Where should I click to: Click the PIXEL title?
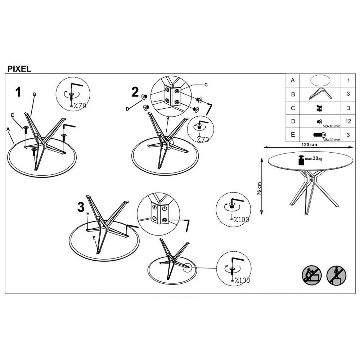pos(19,69)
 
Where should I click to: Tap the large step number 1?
pos(18,92)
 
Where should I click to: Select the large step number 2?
pos(135,92)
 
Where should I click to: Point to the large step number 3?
pos(81,207)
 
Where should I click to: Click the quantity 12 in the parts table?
pos(348,121)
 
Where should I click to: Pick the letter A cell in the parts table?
pos(292,80)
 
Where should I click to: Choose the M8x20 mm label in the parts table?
pos(332,140)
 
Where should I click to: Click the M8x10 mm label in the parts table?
pos(332,126)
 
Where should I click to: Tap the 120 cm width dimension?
pos(309,145)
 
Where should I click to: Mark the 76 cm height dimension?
pos(259,189)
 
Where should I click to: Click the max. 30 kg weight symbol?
pos(310,160)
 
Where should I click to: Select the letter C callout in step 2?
pos(206,85)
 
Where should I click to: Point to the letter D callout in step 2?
pos(127,109)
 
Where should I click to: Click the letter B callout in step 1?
pos(35,94)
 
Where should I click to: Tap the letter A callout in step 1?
pos(8,129)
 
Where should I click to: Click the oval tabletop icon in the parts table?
pos(320,80)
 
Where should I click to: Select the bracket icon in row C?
pos(319,108)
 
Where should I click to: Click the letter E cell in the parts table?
pos(293,135)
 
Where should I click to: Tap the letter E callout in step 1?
pos(12,115)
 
